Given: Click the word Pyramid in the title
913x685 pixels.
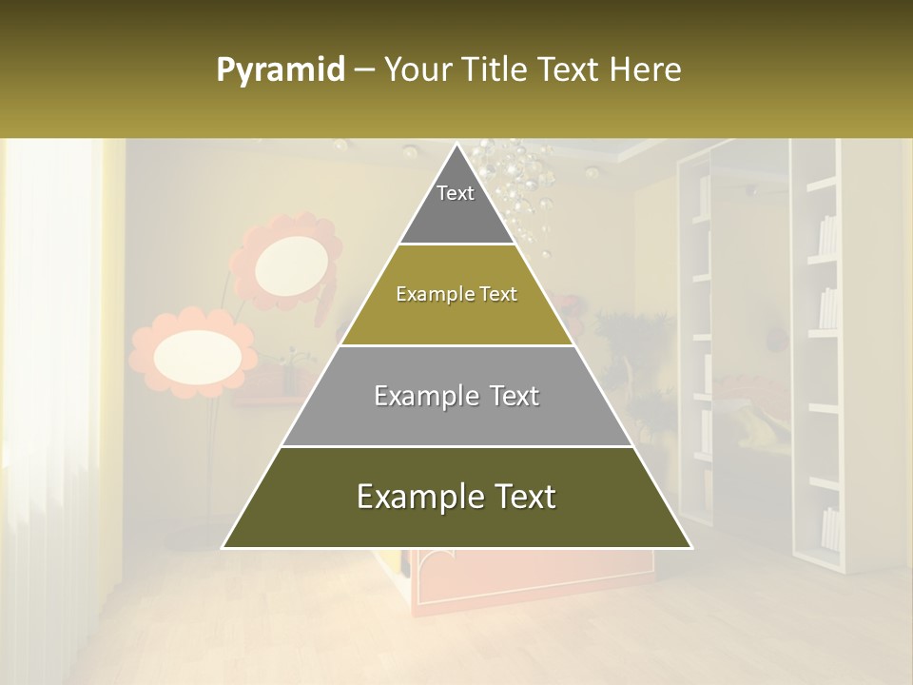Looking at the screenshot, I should pyautogui.click(x=280, y=70).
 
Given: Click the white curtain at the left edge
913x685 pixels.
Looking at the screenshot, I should pyautogui.click(x=48, y=381).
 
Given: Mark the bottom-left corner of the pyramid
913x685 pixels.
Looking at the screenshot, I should pyautogui.click(x=223, y=548).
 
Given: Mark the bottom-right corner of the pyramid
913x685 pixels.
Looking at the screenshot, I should pyautogui.click(x=691, y=548).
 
